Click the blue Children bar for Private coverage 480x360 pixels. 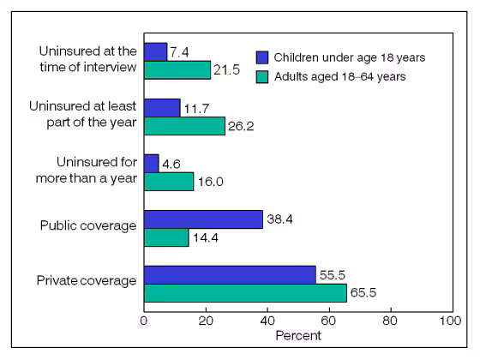coord(229,274)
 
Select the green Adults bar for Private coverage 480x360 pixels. coord(244,293)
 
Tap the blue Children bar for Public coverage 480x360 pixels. coord(203,219)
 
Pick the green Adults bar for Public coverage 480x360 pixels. coord(165,237)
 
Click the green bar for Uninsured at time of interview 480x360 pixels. coord(177,70)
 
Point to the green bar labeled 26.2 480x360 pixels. coord(183,126)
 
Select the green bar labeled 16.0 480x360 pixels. coord(168,182)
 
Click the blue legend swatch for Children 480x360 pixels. coord(263,57)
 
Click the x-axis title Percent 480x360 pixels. coord(297,336)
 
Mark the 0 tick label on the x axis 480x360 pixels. coord(143,321)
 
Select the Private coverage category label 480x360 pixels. coord(87,282)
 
